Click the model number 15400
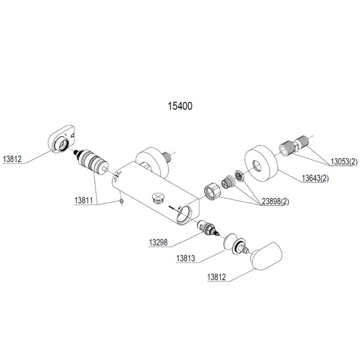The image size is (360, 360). (179, 105)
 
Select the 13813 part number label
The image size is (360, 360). (188, 259)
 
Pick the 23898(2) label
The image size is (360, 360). (275, 202)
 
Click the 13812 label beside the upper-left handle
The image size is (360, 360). (11, 160)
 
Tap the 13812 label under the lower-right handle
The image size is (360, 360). (218, 277)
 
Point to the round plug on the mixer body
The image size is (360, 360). (158, 199)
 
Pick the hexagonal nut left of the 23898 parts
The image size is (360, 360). (213, 189)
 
